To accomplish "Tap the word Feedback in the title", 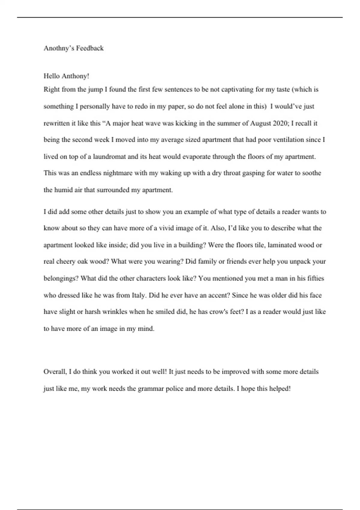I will point(90,48).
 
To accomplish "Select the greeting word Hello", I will point(52,76).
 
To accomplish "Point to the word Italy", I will point(139,295).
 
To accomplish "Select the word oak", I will point(82,262).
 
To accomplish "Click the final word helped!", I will point(280,389).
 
